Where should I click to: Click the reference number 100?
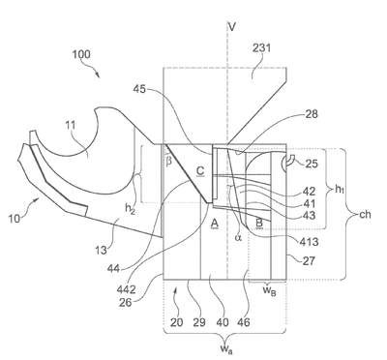tap(81, 54)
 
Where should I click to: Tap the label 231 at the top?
tap(261, 48)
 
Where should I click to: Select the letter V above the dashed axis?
tap(231, 27)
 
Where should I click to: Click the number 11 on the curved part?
tap(71, 125)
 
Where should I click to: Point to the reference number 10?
tap(15, 219)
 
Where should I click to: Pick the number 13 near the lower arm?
tap(101, 250)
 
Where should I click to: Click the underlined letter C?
tap(200, 171)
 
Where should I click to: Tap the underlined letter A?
tap(215, 224)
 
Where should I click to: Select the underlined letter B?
tap(259, 223)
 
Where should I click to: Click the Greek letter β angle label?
tap(168, 161)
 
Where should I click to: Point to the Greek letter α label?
tap(239, 238)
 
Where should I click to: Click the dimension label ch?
tap(365, 214)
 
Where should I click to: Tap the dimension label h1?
tap(339, 190)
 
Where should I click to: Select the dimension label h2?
tap(130, 209)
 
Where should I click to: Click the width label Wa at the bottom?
tap(224, 348)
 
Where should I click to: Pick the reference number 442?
tap(126, 290)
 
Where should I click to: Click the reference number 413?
tap(309, 241)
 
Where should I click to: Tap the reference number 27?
tap(309, 260)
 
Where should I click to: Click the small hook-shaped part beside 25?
tap(287, 163)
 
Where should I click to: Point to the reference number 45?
tap(139, 88)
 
